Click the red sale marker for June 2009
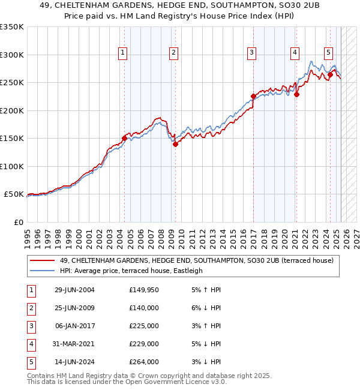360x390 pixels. click(x=176, y=144)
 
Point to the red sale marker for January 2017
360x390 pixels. click(x=253, y=96)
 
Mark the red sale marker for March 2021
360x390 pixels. click(x=297, y=94)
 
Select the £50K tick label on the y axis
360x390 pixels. click(x=14, y=194)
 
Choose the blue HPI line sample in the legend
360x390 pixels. click(x=43, y=271)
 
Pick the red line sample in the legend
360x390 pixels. click(x=43, y=260)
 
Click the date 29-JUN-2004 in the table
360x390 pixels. click(x=74, y=290)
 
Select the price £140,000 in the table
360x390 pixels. click(x=144, y=308)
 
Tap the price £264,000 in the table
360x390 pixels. click(x=144, y=362)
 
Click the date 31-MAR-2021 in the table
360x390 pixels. click(x=75, y=344)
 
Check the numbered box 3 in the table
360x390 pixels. click(x=31, y=326)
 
